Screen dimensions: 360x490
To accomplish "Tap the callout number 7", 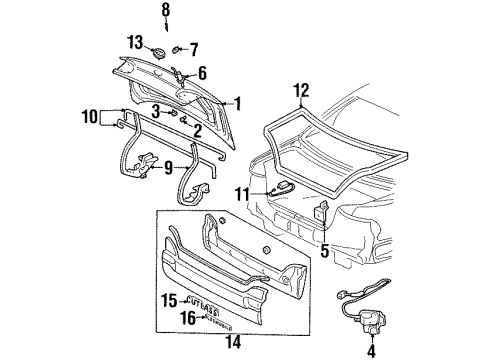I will (x=194, y=48).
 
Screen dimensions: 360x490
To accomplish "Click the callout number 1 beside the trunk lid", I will (x=237, y=103).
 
